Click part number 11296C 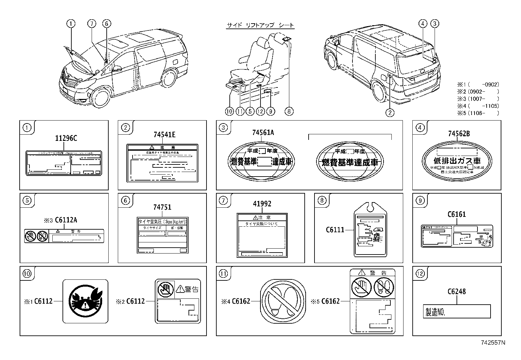pyautogui.click(x=66, y=139)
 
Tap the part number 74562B pyautogui.click(x=459, y=134)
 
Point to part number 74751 pyautogui.click(x=162, y=207)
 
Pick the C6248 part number pyautogui.click(x=456, y=292)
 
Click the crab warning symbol pyautogui.click(x=85, y=301)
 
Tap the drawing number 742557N pyautogui.click(x=493, y=343)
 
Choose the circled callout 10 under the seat pyautogui.click(x=229, y=111)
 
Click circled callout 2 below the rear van pyautogui.click(x=389, y=113)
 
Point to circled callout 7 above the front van pyautogui.click(x=92, y=24)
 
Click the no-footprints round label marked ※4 pyautogui.click(x=283, y=301)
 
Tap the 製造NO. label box pyautogui.click(x=456, y=312)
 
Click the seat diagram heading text pyautogui.click(x=260, y=25)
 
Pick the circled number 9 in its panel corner pyautogui.click(x=420, y=200)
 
